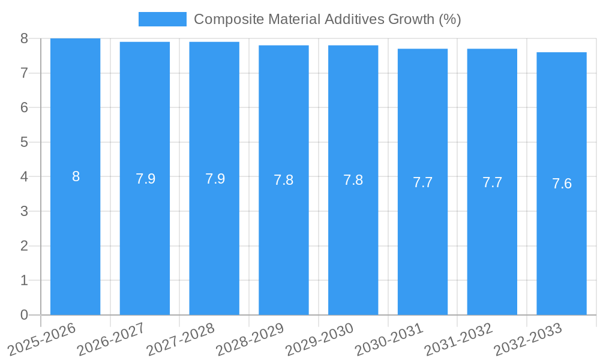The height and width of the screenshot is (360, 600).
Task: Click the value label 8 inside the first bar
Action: point(76,176)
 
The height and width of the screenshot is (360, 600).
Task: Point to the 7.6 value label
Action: point(562,184)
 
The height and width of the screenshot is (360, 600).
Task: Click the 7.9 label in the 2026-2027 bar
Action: point(145,179)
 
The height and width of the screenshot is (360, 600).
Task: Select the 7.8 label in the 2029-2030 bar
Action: point(353,180)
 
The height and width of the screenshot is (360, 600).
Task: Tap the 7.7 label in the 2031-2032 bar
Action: point(492,182)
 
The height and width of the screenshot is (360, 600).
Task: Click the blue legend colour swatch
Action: point(162,19)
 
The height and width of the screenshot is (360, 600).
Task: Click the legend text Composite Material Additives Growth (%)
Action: point(327,19)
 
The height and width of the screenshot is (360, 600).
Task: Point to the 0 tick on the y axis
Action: point(24,315)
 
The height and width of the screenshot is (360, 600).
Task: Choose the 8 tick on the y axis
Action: point(24,38)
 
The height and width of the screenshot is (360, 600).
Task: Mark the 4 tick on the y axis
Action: point(24,177)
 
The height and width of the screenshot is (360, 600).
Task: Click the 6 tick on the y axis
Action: point(24,108)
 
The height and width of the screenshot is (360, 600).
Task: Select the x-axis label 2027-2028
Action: point(181,339)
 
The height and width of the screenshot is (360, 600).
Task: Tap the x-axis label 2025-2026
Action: point(43,339)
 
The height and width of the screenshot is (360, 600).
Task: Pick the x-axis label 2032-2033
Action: point(528,339)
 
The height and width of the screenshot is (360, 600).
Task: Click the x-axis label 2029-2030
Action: point(320,339)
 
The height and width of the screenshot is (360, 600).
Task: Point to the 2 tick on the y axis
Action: point(24,246)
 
